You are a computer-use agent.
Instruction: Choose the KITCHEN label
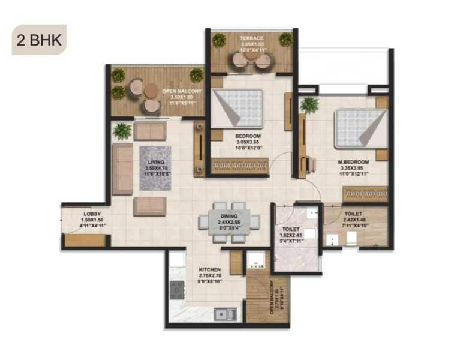(x=210, y=270)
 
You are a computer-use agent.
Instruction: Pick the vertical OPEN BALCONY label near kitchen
(x=272, y=297)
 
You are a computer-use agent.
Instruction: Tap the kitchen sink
(x=225, y=313)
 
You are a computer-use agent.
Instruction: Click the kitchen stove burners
(x=176, y=290)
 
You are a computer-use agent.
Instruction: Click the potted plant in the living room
(x=122, y=130)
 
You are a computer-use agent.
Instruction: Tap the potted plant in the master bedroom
(x=309, y=105)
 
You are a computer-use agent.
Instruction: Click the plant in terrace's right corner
(x=286, y=40)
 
